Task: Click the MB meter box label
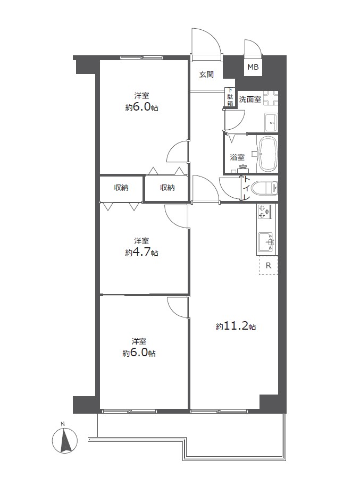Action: point(253,67)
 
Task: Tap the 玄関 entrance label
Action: point(206,74)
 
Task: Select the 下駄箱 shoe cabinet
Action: point(230,97)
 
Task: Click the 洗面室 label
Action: point(250,99)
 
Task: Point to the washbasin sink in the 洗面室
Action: point(271,122)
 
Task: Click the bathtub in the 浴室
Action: point(267,154)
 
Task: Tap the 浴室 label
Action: point(237,157)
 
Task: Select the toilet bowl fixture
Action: point(264,188)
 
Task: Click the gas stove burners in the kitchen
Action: point(264,211)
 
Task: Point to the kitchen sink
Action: point(266,242)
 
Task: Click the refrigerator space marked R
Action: point(269,265)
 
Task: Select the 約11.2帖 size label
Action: point(236,326)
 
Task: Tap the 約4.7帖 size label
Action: point(141,253)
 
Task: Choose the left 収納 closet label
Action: point(121,188)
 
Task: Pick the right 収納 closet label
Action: point(167,188)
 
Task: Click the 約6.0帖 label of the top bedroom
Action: point(141,107)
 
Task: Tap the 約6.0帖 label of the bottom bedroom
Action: point(139,353)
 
